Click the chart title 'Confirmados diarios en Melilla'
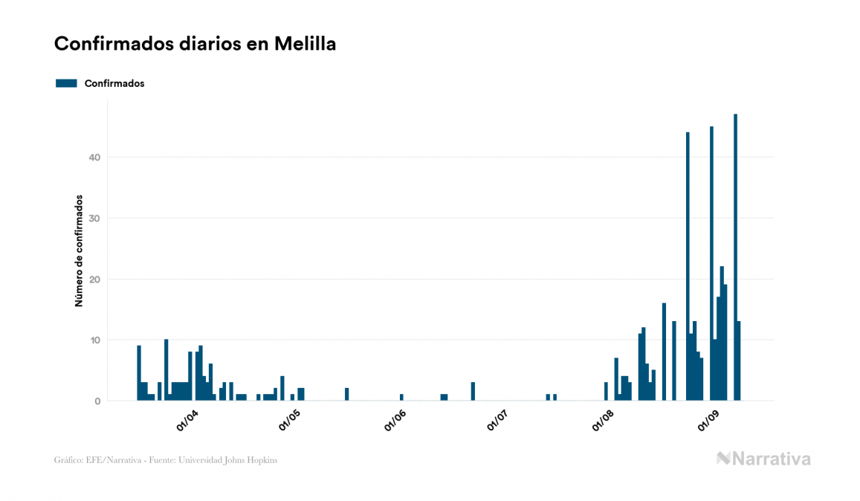[195, 44]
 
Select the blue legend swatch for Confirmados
[66, 83]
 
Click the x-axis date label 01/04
[187, 421]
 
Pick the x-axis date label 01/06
[395, 421]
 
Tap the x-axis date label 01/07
[498, 421]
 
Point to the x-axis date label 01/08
[603, 421]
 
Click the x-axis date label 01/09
[708, 421]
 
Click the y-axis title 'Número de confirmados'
[78, 250]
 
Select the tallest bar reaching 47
[735, 257]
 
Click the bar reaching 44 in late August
[688, 266]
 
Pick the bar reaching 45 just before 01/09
[711, 263]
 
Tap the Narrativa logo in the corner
[763, 459]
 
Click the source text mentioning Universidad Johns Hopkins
[166, 460]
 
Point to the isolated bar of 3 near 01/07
[473, 392]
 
